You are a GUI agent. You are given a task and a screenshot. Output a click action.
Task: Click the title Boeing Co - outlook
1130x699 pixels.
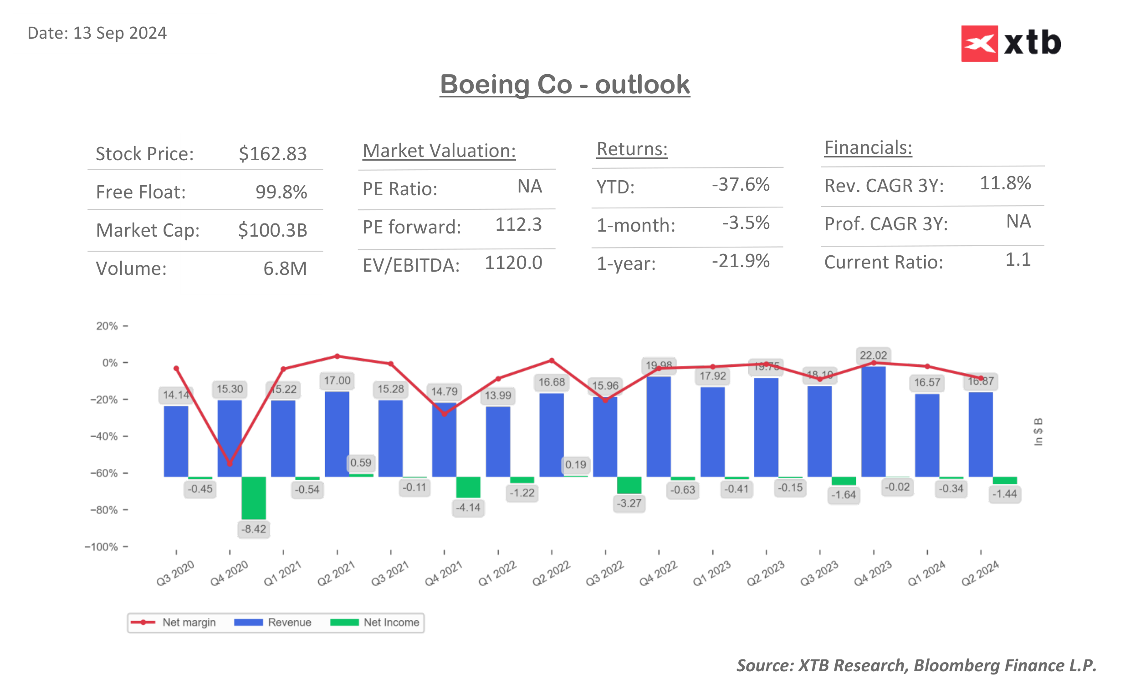(564, 85)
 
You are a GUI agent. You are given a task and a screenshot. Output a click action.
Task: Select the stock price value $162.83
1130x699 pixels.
(272, 154)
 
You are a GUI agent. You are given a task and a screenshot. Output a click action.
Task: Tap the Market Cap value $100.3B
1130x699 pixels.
(272, 230)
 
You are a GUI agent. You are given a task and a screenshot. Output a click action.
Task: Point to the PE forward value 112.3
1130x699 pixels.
(518, 225)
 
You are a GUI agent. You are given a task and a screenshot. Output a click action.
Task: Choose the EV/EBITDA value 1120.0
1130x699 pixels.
(513, 263)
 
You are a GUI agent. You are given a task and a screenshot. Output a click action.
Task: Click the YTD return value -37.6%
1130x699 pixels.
(740, 184)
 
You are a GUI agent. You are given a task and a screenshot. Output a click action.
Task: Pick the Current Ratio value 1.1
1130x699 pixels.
(1018, 260)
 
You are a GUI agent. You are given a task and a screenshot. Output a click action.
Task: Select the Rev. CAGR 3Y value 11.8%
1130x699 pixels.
(1005, 183)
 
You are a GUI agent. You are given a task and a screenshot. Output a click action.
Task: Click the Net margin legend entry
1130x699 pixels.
(174, 622)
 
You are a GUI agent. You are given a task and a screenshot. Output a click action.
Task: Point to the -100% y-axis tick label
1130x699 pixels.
(101, 547)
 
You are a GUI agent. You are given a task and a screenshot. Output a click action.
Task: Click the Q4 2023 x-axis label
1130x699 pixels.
(872, 573)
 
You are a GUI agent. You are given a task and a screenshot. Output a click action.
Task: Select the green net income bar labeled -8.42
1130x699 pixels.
(254, 497)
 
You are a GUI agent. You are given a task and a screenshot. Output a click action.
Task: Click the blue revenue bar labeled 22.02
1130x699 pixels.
(873, 420)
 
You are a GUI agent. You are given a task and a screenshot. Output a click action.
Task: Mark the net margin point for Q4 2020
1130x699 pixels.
(230, 463)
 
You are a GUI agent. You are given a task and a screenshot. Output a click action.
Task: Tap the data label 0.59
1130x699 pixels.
(360, 463)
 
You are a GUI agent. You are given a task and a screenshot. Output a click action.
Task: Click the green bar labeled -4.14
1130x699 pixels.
(468, 487)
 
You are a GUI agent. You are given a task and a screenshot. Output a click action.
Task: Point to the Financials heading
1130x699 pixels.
(868, 148)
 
